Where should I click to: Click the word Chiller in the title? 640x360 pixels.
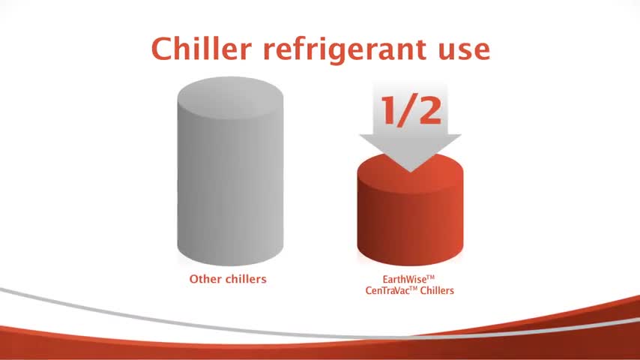tap(202, 49)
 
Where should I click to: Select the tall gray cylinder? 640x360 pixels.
tap(230, 171)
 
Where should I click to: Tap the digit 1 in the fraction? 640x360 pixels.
tap(390, 110)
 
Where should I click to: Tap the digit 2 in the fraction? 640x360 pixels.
tap(430, 110)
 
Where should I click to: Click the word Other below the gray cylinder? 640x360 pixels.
tap(205, 279)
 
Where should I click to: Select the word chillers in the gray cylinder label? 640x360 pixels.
tap(245, 279)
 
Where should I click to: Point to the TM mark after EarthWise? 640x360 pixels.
tap(430, 277)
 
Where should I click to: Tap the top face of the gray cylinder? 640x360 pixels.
tap(230, 97)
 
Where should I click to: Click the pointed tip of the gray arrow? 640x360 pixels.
tap(410, 172)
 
